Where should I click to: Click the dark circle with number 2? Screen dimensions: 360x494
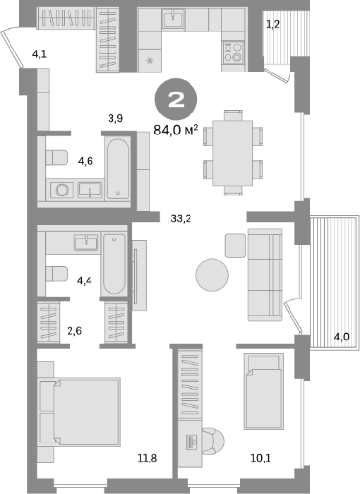tap(176, 100)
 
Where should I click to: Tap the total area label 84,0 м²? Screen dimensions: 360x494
tap(176, 129)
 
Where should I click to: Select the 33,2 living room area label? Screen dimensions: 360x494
tap(181, 218)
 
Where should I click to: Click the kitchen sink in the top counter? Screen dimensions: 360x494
tap(173, 18)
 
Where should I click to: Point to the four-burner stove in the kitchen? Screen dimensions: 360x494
tap(233, 52)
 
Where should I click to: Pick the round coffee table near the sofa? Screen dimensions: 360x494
tap(212, 275)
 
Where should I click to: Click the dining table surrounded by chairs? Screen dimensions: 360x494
tap(233, 153)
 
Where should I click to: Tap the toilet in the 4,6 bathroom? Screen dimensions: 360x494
tap(56, 157)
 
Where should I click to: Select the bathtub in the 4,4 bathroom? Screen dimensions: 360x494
tap(114, 264)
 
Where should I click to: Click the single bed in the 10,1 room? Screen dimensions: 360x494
tap(263, 391)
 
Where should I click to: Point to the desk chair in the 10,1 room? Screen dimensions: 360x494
tap(212, 441)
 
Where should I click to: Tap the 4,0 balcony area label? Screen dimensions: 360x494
tap(342, 337)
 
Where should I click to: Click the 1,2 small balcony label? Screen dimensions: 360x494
tap(273, 24)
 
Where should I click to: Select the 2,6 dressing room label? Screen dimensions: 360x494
tap(75, 331)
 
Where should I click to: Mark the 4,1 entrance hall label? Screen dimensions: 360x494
tap(40, 54)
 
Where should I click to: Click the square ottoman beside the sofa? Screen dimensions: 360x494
tap(235, 246)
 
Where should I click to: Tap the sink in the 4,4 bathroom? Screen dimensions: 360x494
tap(85, 242)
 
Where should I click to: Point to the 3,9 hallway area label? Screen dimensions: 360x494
tap(115, 119)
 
